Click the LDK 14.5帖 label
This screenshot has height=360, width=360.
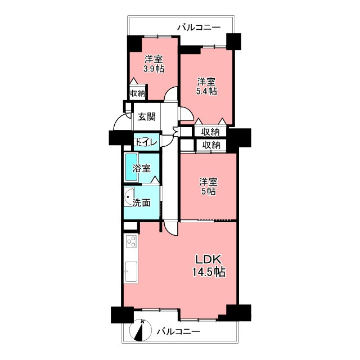(209, 265)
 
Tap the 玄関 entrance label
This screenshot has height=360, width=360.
(147, 116)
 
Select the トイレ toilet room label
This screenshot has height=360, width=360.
(146, 142)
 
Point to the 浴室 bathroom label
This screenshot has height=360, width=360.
(142, 169)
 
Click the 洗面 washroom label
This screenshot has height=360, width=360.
(142, 202)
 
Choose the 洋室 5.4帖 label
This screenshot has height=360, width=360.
(206, 86)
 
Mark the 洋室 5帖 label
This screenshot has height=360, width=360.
(208, 186)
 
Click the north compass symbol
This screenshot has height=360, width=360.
(141, 330)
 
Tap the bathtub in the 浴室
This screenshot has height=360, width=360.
(131, 168)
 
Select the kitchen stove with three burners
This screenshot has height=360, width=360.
(132, 241)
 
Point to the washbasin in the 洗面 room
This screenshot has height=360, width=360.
(129, 197)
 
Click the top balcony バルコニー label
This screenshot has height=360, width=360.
(199, 28)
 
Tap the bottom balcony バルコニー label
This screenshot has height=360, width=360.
(178, 331)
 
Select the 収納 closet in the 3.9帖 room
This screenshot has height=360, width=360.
(137, 93)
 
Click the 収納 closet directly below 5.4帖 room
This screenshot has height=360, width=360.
(210, 132)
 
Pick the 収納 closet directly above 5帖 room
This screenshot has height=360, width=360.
(211, 145)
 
